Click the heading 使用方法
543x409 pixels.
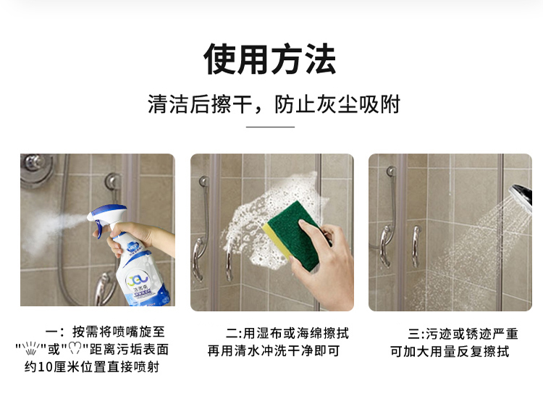coord(270,59)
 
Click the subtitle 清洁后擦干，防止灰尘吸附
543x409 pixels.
coord(274,104)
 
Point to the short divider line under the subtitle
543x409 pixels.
coord(270,127)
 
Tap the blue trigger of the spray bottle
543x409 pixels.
coord(99,229)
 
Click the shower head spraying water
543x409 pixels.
coord(521,197)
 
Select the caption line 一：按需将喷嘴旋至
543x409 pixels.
coord(105,332)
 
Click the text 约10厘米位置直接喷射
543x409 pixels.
coord(92,367)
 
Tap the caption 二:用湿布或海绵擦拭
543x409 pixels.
coord(287,333)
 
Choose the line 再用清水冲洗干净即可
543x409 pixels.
coord(274,351)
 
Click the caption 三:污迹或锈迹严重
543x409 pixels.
coord(463,334)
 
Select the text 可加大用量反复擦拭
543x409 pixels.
coord(450,352)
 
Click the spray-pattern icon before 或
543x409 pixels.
coord(31,348)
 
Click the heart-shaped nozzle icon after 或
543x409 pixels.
coord(75,348)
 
